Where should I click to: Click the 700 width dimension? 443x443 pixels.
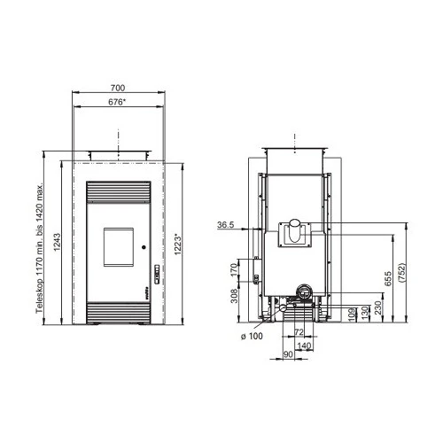pos(118,88)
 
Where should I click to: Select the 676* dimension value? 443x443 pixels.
pos(117,102)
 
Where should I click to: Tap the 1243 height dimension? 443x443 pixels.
pos(57,243)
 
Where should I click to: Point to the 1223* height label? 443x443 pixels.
pos(177,245)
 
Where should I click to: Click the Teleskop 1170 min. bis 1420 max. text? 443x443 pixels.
pos(40,248)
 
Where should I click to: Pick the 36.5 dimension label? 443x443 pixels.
pos(226,225)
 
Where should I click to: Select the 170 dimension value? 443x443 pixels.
pos(234,270)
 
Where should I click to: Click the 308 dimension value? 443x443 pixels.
pos(234,296)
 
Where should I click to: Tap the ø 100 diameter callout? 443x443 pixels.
pos(252,336)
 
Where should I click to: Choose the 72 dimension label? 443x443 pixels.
pos(299,332)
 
